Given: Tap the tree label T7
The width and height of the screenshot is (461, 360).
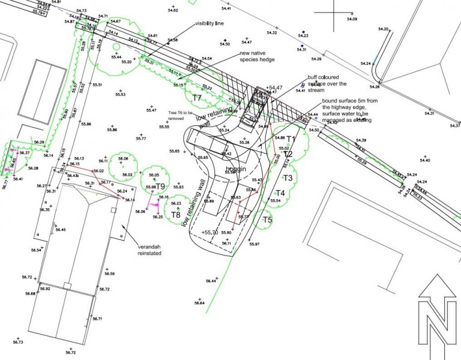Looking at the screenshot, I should (x=197, y=97).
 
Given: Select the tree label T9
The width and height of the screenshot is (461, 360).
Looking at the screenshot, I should (x=160, y=187).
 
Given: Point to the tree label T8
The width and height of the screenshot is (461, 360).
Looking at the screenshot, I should (x=175, y=214).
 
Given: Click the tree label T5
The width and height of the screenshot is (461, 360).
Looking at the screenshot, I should (x=267, y=220).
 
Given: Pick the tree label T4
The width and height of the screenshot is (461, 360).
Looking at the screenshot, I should (x=280, y=193).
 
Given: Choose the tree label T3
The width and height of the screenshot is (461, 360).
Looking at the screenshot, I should (x=288, y=178).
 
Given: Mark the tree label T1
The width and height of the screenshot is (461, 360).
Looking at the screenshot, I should (x=291, y=140).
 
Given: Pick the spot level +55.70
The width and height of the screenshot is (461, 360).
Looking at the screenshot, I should (x=209, y=232).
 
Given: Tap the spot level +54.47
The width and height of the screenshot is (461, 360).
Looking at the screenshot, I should (x=276, y=88).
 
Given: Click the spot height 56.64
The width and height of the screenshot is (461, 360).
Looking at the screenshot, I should (x=199, y=303).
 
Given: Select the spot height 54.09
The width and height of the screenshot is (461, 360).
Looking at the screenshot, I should (x=351, y=19).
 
